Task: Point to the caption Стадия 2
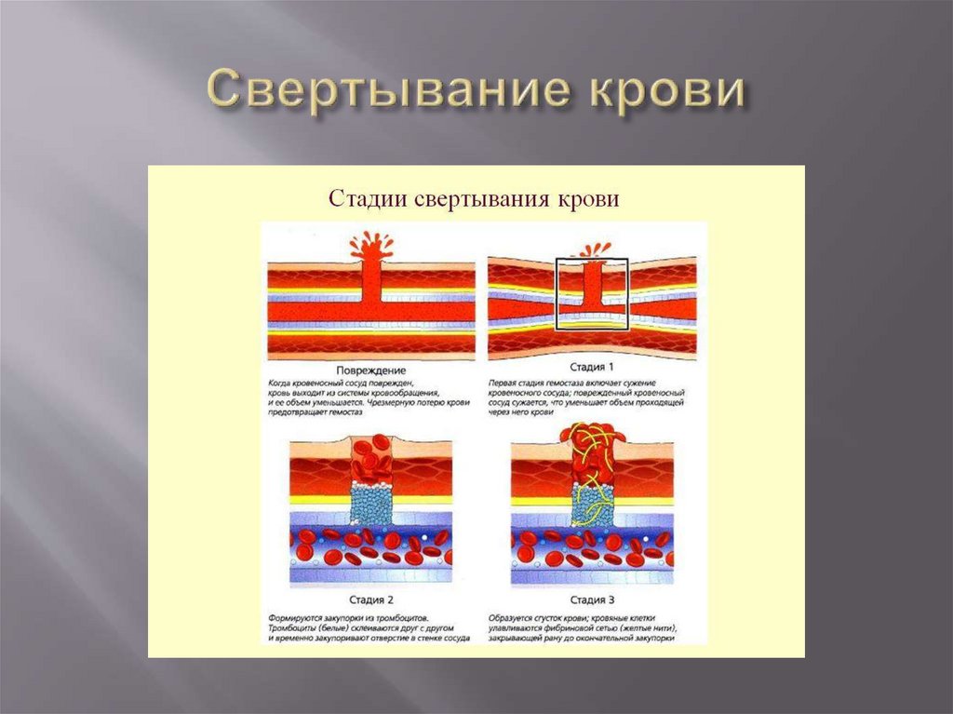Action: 369,600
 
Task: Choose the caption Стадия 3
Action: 592,600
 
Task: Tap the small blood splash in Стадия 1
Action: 592,250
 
